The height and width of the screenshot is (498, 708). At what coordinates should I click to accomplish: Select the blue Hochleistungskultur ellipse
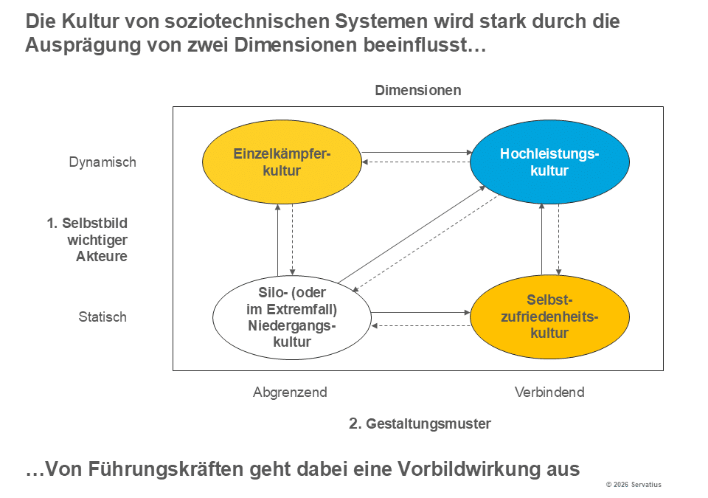coord(549,162)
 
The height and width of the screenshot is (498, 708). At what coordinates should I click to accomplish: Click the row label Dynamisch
coord(103,162)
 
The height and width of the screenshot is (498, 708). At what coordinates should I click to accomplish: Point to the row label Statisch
coord(103,317)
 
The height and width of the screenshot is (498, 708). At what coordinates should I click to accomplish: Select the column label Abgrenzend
coord(290,392)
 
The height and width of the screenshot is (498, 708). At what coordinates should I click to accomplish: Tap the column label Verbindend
coord(549,392)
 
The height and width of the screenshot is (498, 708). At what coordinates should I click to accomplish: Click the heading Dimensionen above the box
coord(418,91)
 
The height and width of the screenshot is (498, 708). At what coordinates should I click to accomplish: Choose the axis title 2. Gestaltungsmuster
coord(420,423)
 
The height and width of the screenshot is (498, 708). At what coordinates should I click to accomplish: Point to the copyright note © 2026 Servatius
coord(634,485)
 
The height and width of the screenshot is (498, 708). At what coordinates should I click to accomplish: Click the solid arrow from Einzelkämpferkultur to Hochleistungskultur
coord(417,153)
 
